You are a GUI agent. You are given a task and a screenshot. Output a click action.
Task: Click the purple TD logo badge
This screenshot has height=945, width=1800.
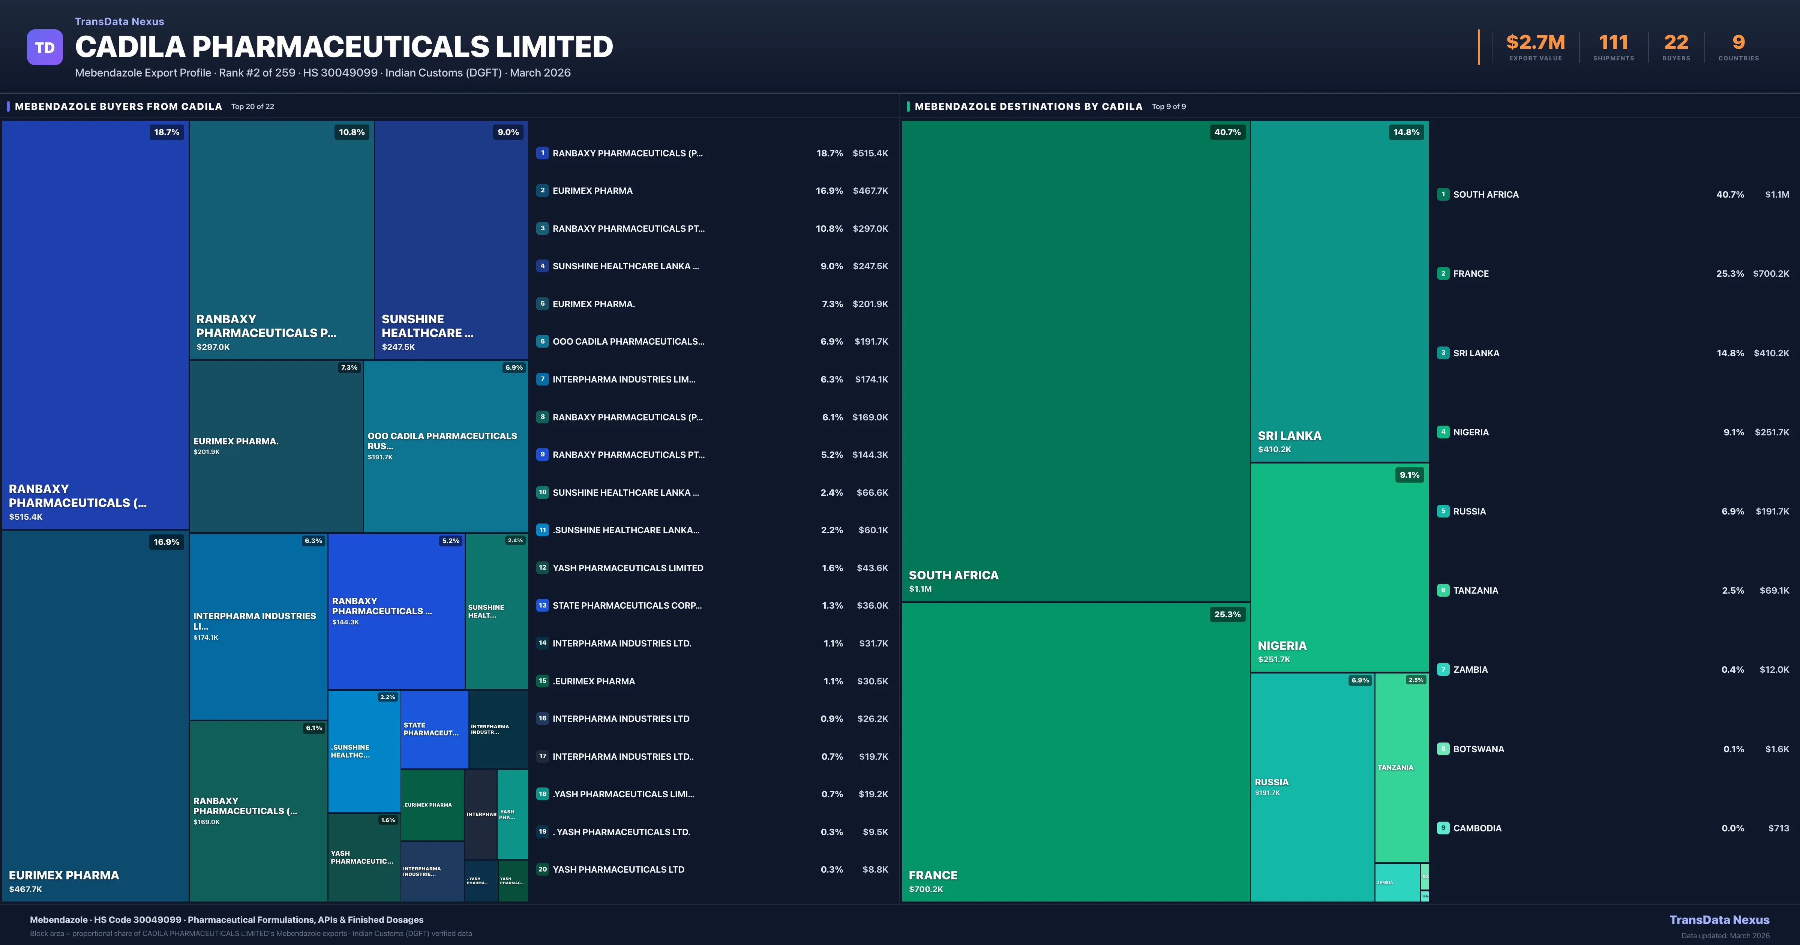tap(45, 48)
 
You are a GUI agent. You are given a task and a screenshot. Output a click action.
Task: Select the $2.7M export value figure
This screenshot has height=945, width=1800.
tap(1535, 43)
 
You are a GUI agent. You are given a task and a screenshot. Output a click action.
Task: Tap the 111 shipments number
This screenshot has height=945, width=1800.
tap(1613, 43)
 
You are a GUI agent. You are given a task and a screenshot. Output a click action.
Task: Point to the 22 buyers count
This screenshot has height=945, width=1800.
tap(1675, 43)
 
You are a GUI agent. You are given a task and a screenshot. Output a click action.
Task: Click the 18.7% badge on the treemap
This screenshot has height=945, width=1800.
tap(166, 132)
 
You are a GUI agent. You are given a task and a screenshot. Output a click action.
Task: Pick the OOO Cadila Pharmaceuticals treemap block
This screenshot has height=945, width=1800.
tap(445, 446)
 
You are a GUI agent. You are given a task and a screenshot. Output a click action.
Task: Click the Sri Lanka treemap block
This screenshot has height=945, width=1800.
tap(1339, 291)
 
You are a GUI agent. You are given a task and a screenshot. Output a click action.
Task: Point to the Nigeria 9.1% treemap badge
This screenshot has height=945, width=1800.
tap(1409, 475)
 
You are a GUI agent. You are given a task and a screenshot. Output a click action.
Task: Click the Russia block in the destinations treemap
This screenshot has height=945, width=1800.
tap(1312, 787)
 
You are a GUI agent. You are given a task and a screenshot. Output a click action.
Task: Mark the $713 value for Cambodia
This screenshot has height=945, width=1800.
tap(1778, 828)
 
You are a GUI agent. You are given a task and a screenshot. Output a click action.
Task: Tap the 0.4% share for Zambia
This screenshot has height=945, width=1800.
tap(1732, 670)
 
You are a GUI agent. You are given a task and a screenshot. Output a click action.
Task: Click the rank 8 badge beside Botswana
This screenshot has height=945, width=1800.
tap(1443, 748)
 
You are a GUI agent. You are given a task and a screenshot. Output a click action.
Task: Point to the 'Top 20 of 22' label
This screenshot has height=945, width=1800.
tap(252, 107)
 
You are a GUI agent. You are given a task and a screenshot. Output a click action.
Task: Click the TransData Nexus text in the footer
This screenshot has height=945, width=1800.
tap(1719, 920)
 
